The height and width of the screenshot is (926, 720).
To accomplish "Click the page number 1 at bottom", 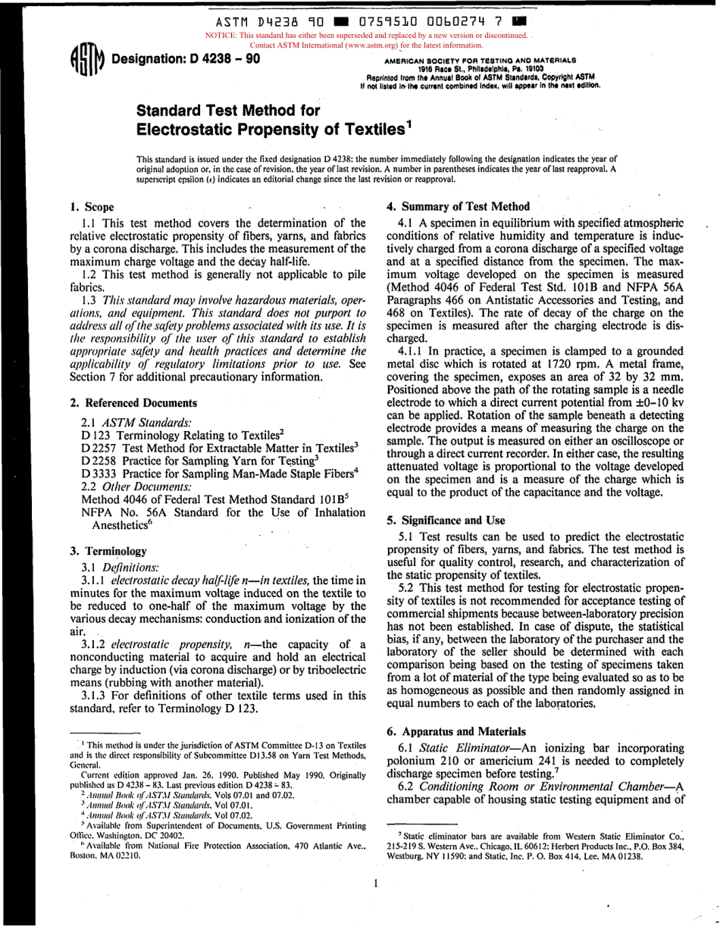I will pos(375,883).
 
